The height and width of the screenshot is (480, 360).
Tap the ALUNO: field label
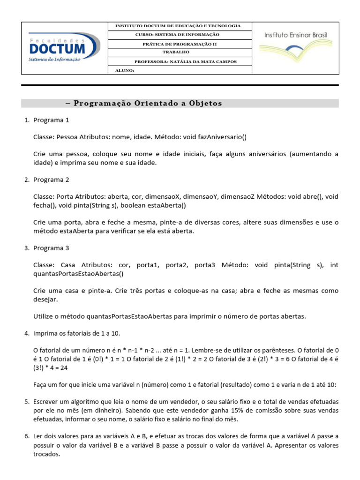pyautogui.click(x=125, y=71)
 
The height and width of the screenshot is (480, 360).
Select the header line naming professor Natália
pyautogui.click(x=180, y=61)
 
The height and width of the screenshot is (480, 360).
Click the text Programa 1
pyautogui.click(x=51, y=120)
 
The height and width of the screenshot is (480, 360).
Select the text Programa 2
pyautogui.click(x=51, y=180)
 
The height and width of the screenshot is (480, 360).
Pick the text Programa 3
pyautogui.click(x=51, y=248)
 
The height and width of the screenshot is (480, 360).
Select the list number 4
pyautogui.click(x=26, y=333)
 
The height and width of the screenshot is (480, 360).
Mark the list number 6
pyautogui.click(x=26, y=436)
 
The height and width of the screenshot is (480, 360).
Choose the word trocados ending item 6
pyautogui.click(x=46, y=454)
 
